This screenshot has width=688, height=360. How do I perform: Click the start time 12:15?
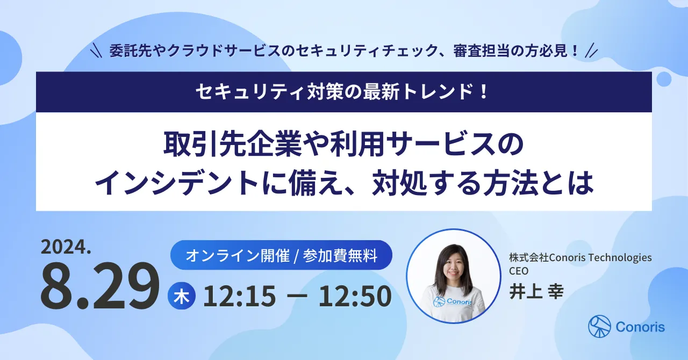click(240, 297)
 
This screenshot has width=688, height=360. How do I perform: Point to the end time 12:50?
click(355, 297)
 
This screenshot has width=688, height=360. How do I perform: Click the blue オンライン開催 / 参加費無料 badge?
click(281, 255)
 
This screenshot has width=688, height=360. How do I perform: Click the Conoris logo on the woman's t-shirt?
click(453, 302)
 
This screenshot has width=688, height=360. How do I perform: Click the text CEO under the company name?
click(519, 270)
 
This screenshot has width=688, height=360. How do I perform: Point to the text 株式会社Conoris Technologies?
click(580, 258)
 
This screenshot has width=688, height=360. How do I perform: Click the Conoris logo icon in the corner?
click(600, 326)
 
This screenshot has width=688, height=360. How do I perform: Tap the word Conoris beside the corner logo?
click(640, 327)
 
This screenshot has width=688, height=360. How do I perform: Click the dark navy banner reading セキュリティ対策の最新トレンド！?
click(343, 92)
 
